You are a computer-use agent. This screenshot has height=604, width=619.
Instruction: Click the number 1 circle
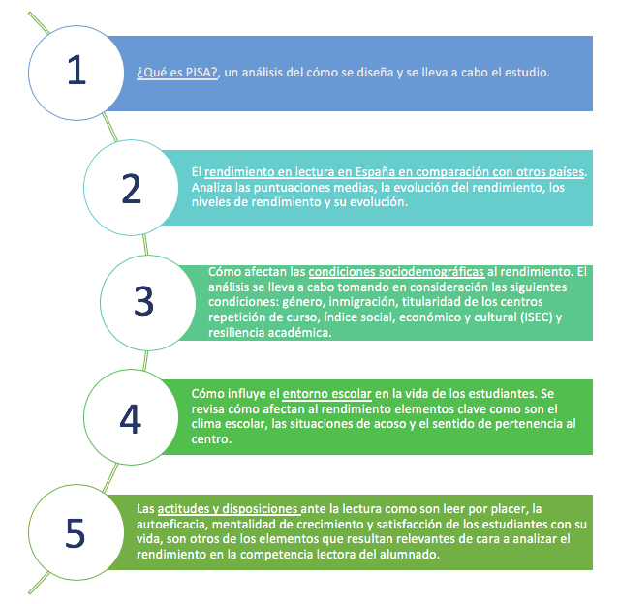[x=77, y=73]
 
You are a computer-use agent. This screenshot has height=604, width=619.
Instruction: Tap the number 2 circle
[x=131, y=188]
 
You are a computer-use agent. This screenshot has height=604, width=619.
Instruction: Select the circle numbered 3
[x=147, y=303]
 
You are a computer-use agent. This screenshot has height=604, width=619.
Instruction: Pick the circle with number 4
[x=131, y=417]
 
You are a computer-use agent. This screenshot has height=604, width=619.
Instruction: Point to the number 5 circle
[x=77, y=532]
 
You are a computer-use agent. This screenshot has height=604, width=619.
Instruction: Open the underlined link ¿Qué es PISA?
[x=177, y=73]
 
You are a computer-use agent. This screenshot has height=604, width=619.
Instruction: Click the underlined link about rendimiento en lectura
[x=394, y=172]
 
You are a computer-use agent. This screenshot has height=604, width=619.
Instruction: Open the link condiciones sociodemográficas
[x=396, y=272]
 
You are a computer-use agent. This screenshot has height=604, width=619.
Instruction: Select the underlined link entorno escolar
[x=326, y=394]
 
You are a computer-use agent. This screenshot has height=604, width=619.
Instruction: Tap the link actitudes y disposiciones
[x=229, y=509]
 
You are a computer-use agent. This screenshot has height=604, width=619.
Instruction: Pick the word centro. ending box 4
[x=211, y=439]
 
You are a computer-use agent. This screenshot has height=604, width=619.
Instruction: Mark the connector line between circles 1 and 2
[x=110, y=128]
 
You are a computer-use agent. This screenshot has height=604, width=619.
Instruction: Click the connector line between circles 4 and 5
[x=110, y=477]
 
